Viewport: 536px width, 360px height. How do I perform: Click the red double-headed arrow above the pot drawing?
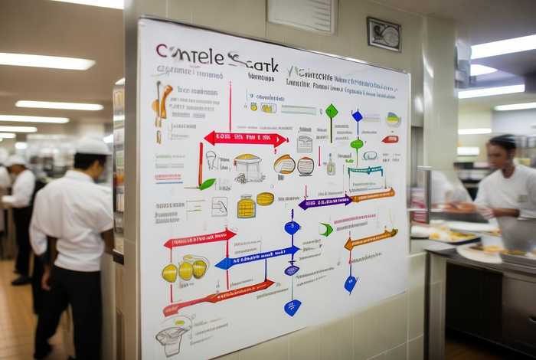coord(246,139)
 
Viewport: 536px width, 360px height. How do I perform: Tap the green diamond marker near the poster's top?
coord(332,112)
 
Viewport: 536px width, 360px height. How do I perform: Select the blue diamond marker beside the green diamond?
coord(357,116)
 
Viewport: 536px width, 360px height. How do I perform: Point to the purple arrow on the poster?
coord(325,203)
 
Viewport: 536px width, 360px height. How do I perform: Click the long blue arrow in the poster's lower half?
coord(257,257)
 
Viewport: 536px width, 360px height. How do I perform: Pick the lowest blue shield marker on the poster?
coord(293,307)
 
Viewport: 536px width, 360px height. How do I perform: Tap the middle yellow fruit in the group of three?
coord(185,270)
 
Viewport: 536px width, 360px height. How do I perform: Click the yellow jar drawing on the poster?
coord(246,207)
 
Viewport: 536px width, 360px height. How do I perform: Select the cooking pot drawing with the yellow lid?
coord(247,167)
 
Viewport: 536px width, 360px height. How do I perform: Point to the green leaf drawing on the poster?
coord(207,184)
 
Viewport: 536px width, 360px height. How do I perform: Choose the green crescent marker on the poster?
coord(326,229)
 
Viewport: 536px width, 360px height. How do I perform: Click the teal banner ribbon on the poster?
coord(365,171)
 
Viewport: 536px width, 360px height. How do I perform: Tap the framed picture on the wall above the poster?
coord(384,34)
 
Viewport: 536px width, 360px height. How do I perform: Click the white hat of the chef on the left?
coord(93,146)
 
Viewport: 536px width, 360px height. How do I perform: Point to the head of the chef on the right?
coord(503,152)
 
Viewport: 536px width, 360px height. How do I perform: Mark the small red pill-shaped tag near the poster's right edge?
coord(391,139)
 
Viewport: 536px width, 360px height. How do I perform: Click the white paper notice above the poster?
coord(301,15)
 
